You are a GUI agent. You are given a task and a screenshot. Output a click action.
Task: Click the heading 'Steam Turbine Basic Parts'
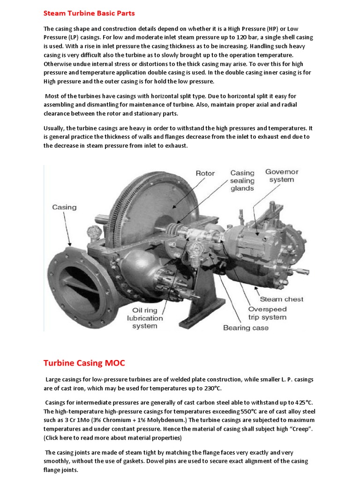click(x=89, y=13)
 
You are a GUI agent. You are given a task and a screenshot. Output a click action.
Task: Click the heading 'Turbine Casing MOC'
click(x=84, y=363)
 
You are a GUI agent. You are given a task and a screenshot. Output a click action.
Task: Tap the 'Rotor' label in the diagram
click(x=205, y=173)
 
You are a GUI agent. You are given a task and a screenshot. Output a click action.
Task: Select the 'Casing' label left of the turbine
click(x=65, y=207)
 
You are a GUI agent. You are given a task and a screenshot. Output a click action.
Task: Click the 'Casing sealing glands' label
click(x=242, y=180)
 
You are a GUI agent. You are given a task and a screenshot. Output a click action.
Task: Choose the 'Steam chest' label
click(x=281, y=299)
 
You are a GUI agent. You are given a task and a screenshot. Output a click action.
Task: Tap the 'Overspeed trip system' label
click(x=274, y=313)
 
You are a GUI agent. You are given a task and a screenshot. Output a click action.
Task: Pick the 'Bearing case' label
click(x=246, y=328)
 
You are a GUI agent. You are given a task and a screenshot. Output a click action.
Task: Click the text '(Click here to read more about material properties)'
click(x=112, y=438)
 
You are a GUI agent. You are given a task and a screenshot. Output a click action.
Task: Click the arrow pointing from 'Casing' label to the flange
click(x=67, y=230)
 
